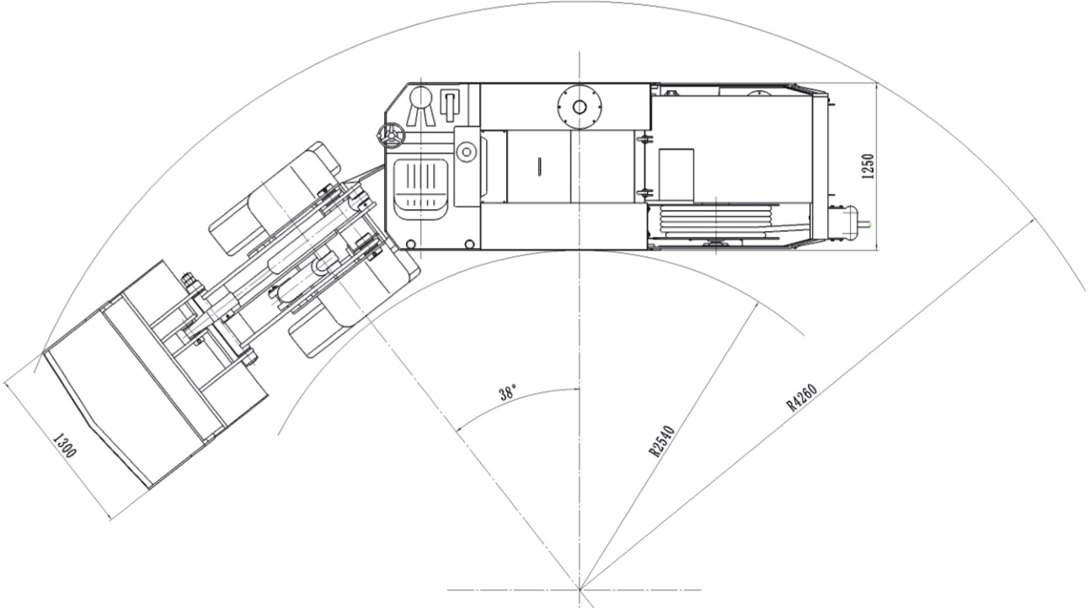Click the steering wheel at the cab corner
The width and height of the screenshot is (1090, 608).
[389, 135]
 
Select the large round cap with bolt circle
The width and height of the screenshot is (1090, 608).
[579, 107]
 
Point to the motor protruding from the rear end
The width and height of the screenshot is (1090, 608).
[850, 223]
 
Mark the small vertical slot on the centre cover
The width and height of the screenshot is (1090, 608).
[538, 166]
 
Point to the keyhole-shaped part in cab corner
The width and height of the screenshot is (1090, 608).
[417, 105]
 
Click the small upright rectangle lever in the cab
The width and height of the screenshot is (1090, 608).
[450, 105]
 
